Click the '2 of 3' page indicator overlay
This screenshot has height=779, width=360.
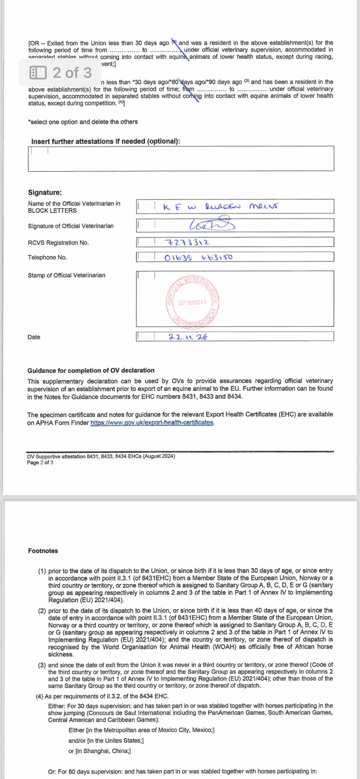[x=61, y=73]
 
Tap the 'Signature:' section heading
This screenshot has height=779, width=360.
[x=45, y=192]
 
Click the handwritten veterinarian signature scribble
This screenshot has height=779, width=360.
[x=212, y=225]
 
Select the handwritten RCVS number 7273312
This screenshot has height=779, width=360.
[x=188, y=242]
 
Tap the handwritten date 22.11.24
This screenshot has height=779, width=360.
[x=188, y=337]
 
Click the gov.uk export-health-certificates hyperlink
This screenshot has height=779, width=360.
[x=152, y=422]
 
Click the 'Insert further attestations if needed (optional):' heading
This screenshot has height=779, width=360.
[x=106, y=141]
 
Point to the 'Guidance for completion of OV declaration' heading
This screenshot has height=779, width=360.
[x=91, y=370]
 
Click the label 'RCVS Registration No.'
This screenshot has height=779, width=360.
[x=58, y=242]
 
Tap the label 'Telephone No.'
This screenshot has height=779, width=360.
[x=47, y=257]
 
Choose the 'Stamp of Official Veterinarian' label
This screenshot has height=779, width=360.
[x=66, y=275]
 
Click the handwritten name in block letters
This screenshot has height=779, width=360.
[x=220, y=206]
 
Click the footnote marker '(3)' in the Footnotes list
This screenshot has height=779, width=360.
[x=42, y=665]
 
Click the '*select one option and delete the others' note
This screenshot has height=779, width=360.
[x=83, y=122]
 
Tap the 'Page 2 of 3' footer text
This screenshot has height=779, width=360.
[x=40, y=462]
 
